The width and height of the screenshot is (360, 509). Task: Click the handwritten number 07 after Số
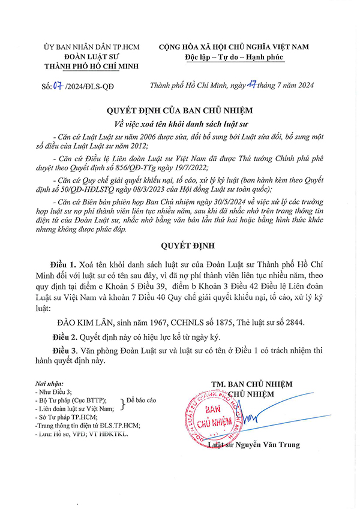coord(58,85)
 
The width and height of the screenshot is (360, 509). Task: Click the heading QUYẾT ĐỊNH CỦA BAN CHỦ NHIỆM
coord(179,110)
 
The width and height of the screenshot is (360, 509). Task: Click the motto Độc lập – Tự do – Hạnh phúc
coord(235,57)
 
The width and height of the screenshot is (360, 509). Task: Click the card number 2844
coord(293,322)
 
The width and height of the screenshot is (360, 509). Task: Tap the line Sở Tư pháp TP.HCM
coord(67,417)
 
